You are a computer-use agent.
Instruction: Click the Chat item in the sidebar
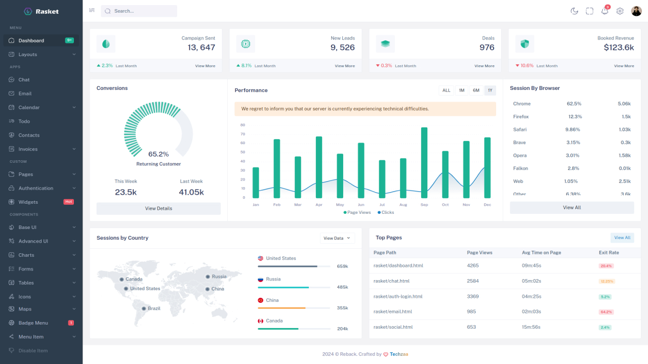[x=24, y=80]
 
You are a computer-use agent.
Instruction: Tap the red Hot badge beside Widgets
[x=68, y=202]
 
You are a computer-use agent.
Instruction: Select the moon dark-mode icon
[x=574, y=11]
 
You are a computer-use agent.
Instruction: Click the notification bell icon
[x=604, y=11]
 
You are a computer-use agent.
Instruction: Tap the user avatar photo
[x=636, y=11]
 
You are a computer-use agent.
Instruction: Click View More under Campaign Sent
[x=205, y=66]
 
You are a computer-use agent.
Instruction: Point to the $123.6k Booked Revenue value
[x=619, y=48]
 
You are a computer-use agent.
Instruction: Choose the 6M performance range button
[x=476, y=90]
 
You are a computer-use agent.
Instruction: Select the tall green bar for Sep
[x=424, y=162]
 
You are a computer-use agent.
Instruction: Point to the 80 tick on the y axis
[x=242, y=125]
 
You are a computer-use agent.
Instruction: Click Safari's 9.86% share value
[x=573, y=129]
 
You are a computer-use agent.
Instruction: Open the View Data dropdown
[x=338, y=238]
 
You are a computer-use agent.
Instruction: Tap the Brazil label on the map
[x=153, y=308]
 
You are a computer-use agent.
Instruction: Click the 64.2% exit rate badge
[x=606, y=312]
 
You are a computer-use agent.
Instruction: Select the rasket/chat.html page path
[x=391, y=281]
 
